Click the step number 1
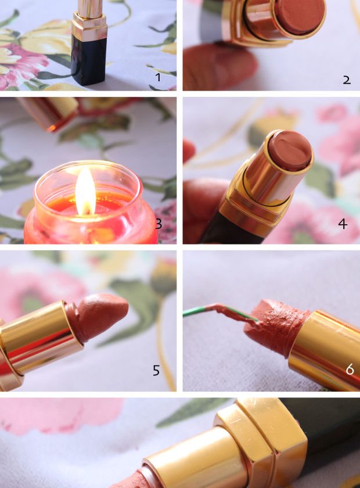click(158, 77)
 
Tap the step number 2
click(347, 80)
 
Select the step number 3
click(159, 224)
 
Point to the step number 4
click(343, 224)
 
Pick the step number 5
click(157, 371)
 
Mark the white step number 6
click(350, 369)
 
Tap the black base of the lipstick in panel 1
click(89, 59)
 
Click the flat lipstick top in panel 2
click(300, 17)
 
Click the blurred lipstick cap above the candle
click(50, 112)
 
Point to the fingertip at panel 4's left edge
click(188, 151)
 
